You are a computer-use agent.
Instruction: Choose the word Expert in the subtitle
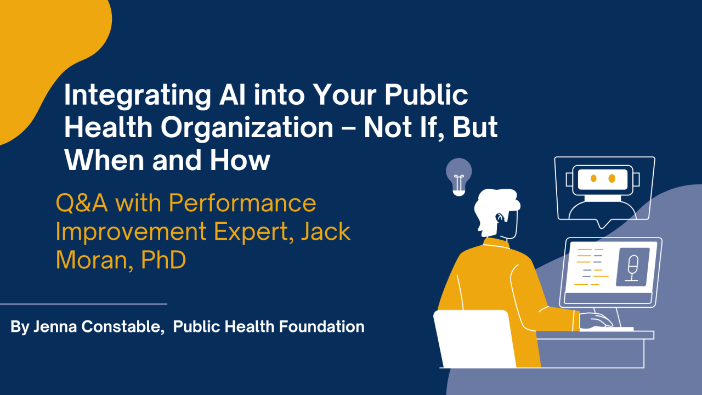244,232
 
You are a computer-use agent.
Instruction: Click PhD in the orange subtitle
163,260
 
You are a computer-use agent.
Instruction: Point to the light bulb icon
458,176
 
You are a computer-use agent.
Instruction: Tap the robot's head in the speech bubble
603,179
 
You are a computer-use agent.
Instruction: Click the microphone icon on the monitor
632,267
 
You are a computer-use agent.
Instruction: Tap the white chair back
474,337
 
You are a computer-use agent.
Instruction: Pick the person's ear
499,218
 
